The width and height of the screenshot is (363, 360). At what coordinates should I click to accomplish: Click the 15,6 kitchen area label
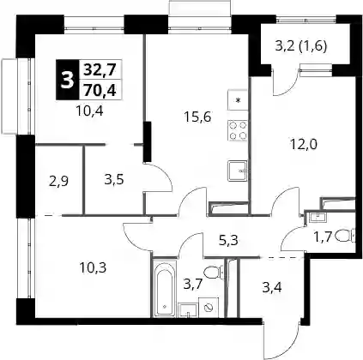click(x=197, y=117)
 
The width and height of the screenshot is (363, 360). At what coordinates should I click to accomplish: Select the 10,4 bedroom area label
click(x=89, y=111)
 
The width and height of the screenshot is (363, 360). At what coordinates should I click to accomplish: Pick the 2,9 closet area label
click(x=58, y=181)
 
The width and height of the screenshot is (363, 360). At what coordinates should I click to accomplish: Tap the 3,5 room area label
click(x=114, y=180)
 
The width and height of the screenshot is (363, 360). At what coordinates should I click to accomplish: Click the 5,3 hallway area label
click(x=228, y=241)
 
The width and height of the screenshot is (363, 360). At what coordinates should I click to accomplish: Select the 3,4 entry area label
click(x=272, y=287)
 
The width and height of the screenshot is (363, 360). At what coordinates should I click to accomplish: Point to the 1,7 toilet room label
click(x=324, y=237)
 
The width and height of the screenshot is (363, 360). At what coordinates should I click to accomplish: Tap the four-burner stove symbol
click(x=238, y=130)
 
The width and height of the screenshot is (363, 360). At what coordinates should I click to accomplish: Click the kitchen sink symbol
click(x=238, y=171)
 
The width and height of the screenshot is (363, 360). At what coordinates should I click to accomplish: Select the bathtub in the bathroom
click(x=164, y=288)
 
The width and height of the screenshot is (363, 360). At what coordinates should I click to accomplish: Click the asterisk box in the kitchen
click(x=238, y=100)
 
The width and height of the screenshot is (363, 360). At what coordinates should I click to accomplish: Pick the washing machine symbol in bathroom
click(x=209, y=307)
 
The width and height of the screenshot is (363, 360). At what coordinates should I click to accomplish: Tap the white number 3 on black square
click(x=67, y=80)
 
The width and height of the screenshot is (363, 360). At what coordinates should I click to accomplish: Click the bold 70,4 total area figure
click(x=100, y=91)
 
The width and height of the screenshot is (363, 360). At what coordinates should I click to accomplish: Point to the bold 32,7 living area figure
click(x=100, y=69)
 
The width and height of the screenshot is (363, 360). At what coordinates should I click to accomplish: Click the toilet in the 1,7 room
click(x=345, y=237)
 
